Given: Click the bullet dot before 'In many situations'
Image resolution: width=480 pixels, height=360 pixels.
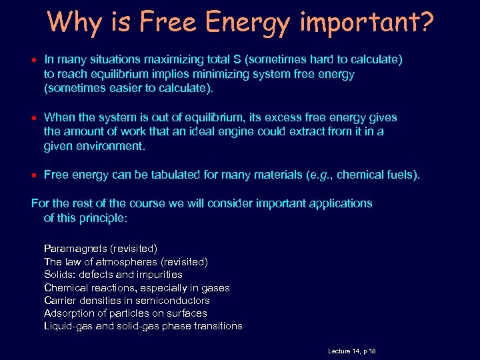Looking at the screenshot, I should [x=34, y=61].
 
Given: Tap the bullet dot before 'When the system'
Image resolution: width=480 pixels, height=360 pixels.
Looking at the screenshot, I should [x=34, y=118].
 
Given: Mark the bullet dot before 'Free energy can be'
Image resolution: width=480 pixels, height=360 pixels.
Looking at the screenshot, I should [x=34, y=175].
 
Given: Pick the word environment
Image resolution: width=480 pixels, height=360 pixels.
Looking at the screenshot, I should [x=113, y=145].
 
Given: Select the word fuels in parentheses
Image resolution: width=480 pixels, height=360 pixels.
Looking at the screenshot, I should [x=399, y=175].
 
